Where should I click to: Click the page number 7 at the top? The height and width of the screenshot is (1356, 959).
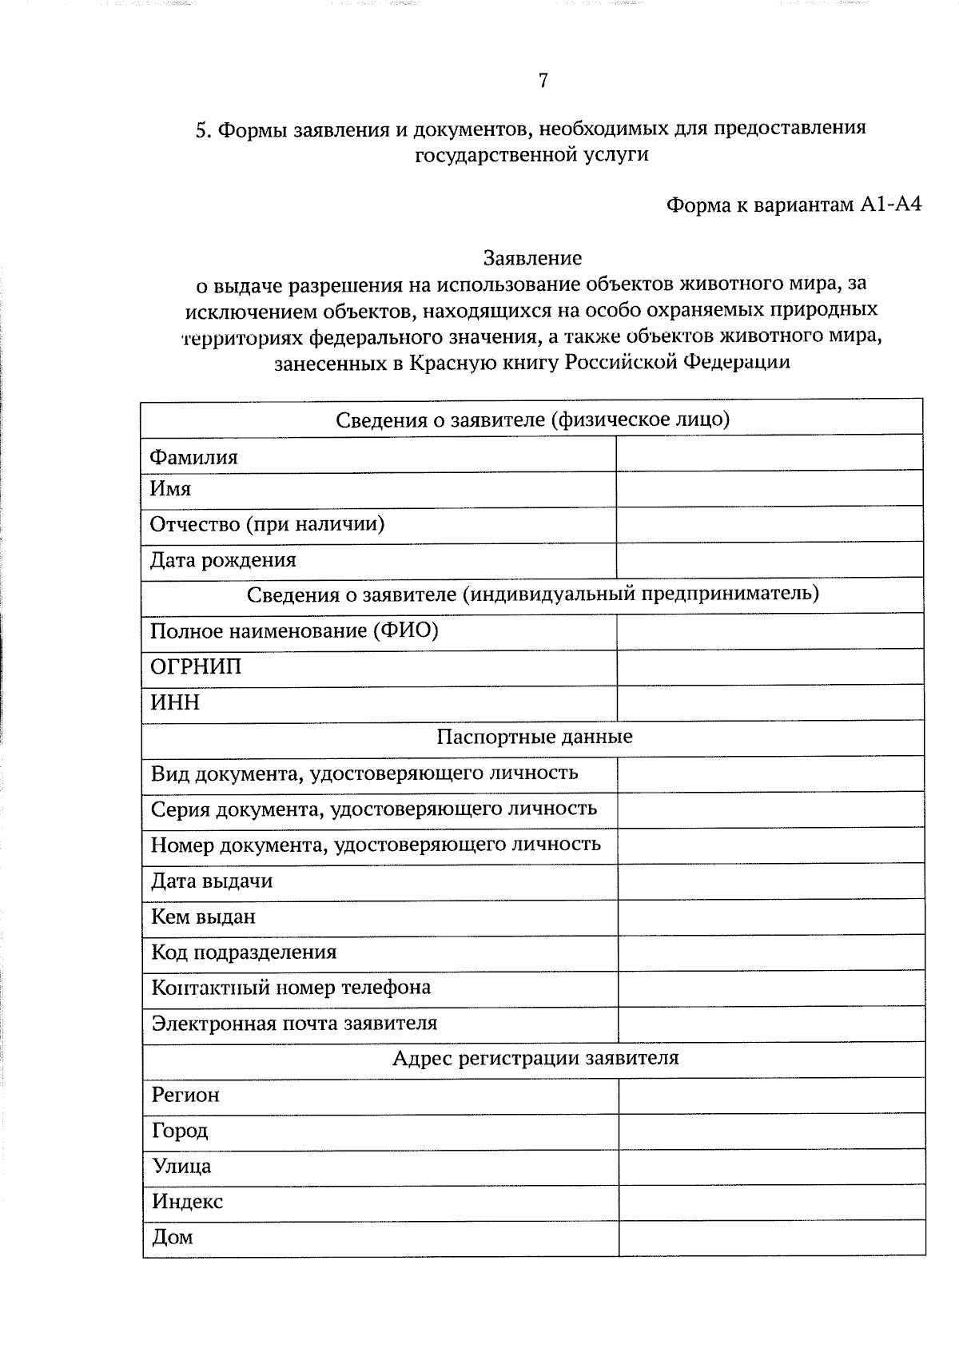click(x=543, y=81)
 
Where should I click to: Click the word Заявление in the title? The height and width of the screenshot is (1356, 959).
click(x=532, y=258)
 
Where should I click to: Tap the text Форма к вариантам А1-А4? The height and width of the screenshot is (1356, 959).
click(x=794, y=205)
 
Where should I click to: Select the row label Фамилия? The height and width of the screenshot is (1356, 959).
click(x=193, y=457)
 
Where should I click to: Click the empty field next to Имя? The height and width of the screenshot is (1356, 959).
click(x=769, y=488)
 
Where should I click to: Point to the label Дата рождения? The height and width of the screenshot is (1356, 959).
click(x=223, y=560)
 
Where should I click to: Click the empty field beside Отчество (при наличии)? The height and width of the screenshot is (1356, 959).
click(x=769, y=524)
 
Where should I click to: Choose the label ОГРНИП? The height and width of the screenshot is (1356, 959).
click(x=196, y=666)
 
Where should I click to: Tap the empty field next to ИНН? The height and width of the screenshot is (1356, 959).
click(x=770, y=703)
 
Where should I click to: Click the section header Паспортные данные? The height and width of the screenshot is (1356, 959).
click(x=534, y=737)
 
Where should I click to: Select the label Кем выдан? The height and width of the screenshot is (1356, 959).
click(x=204, y=917)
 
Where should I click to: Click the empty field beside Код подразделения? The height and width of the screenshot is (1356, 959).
click(x=770, y=953)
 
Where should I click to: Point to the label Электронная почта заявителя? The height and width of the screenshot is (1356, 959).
click(x=294, y=1024)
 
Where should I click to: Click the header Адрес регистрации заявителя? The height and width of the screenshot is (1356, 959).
click(x=535, y=1059)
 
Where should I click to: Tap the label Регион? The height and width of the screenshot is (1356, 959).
click(x=185, y=1095)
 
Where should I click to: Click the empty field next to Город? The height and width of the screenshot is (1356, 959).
click(x=771, y=1131)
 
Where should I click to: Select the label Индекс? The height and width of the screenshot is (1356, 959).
click(x=188, y=1202)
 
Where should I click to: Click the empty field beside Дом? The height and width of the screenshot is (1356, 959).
click(x=771, y=1238)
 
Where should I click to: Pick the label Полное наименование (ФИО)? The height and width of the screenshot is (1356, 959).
click(x=294, y=631)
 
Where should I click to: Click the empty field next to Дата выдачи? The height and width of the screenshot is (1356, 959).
click(x=770, y=881)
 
